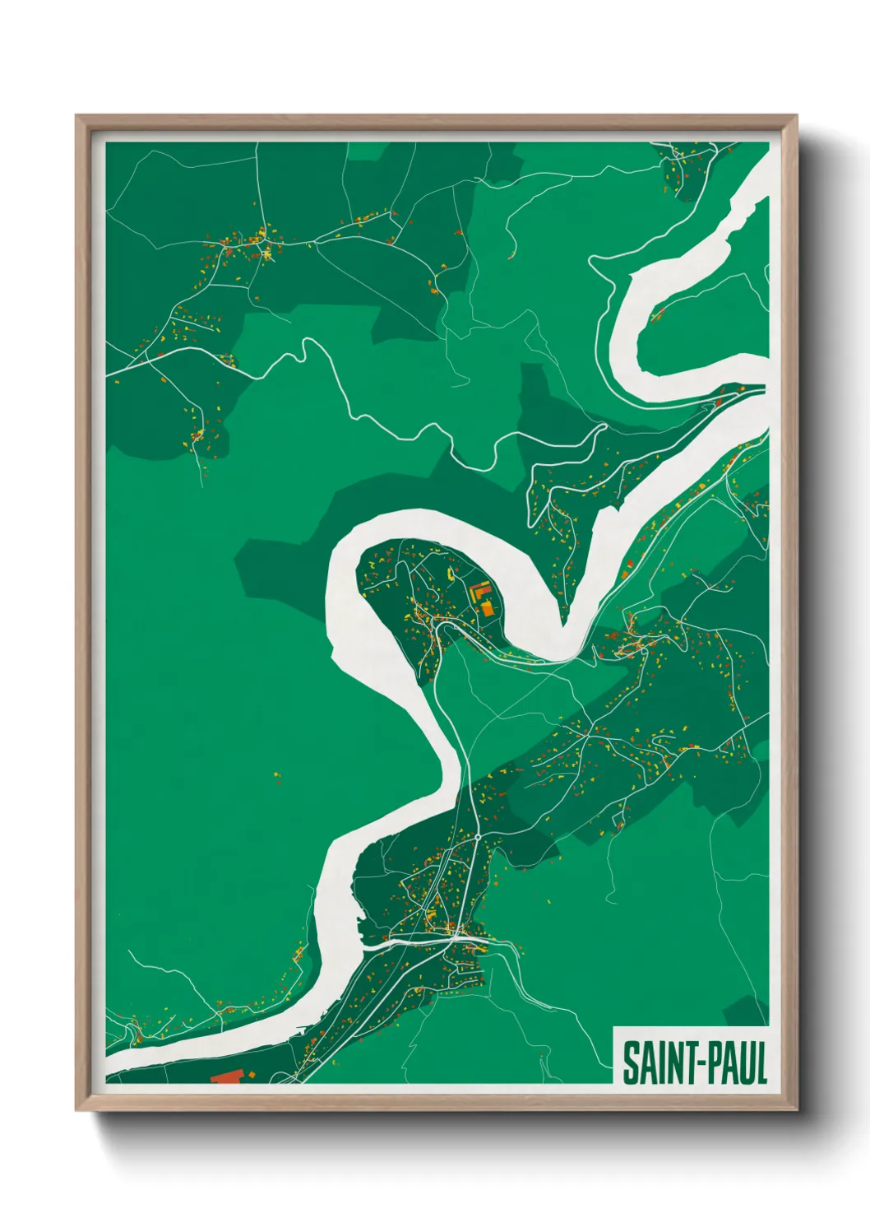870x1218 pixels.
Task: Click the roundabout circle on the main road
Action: pyautogui.click(x=477, y=836)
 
